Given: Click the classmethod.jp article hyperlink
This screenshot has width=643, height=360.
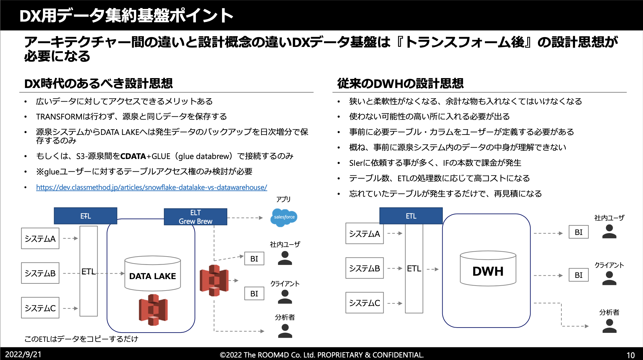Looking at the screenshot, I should pos(151,187).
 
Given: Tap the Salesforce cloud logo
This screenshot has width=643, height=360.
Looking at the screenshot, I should pos(284,217).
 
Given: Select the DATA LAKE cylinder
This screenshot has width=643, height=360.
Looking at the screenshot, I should pos(153,274).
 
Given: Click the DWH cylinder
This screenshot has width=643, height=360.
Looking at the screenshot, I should pos(488,269).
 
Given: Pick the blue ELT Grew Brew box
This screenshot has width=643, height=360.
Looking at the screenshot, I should pos(195,217).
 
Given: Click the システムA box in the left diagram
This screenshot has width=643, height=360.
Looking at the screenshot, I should pos(40,238).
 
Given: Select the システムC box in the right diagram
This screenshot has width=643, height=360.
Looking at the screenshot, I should pos(364,303).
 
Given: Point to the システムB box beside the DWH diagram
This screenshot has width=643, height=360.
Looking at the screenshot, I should pos(364,268).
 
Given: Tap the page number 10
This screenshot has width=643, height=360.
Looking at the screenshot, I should pos(630,355).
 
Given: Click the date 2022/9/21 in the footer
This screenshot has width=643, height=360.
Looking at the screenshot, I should pos(23,354).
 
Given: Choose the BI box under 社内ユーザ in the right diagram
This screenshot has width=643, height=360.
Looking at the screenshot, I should pos(578,232).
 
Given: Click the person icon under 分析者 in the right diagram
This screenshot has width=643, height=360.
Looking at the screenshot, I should pos(609,326).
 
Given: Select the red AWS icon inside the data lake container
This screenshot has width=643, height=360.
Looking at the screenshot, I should pos(153,310).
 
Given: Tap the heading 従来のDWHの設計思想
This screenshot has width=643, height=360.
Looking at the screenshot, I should pos(400,83).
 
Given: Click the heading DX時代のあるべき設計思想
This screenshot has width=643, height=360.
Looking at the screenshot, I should pos(99,83).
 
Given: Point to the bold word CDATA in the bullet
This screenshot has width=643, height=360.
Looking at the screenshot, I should pos(133,156).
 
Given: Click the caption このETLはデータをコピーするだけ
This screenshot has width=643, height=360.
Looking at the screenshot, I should pos(81,339).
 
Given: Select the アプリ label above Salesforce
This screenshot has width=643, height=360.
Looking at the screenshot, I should pos(283,199).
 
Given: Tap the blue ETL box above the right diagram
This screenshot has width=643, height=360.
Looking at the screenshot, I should pos(411,216).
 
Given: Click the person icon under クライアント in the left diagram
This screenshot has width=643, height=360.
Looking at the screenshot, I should pos(285,297).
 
